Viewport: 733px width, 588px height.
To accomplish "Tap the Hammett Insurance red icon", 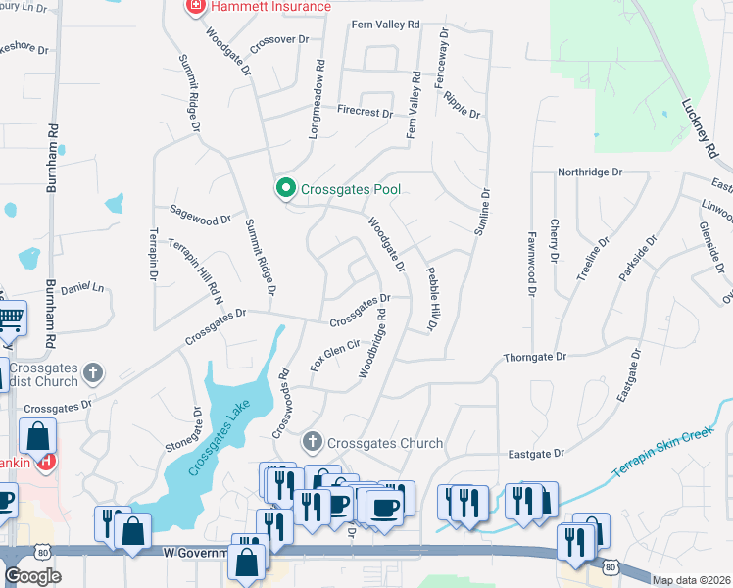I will point(194,7).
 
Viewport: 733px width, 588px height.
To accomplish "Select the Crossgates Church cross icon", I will point(313,443).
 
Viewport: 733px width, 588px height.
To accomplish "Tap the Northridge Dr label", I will point(590,172).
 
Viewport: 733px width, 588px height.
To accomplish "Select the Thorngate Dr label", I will point(535,359).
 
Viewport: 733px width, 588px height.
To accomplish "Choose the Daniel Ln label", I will point(81,288).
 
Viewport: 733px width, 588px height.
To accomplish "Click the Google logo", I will point(32,576).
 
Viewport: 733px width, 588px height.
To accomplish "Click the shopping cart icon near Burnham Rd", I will point(10,317).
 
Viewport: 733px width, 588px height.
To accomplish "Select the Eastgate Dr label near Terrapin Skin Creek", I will point(537,454).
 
